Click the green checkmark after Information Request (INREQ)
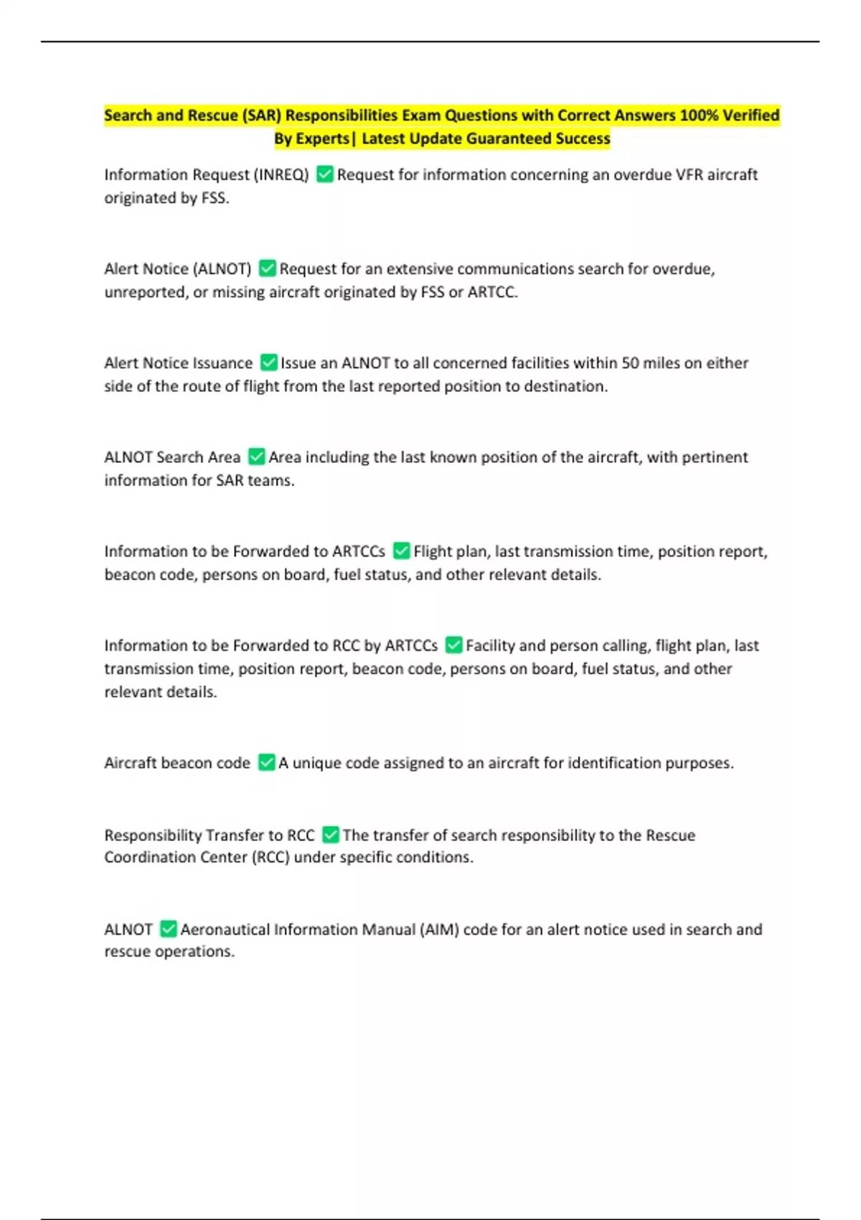tap(325, 174)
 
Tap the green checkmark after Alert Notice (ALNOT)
tap(267, 268)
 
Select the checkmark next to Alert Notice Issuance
tap(268, 362)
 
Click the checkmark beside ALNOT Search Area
tap(256, 456)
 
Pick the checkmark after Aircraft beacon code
tap(266, 762)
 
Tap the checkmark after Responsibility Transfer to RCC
tap(330, 835)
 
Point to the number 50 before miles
tap(630, 362)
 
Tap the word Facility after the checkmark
tap(490, 645)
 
